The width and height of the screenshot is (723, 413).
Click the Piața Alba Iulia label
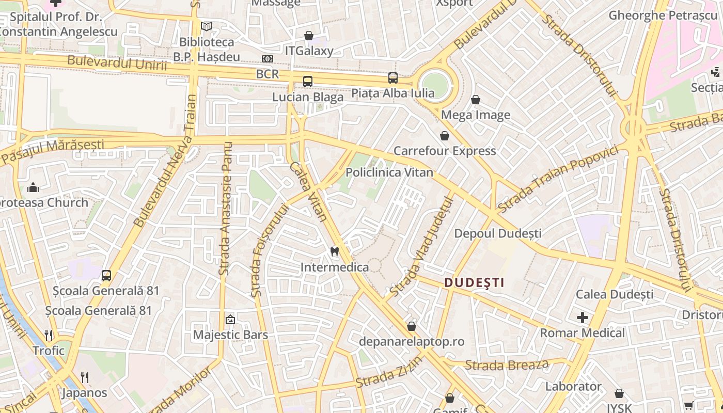[x=392, y=93]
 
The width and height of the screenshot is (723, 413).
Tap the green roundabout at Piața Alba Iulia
[x=434, y=83]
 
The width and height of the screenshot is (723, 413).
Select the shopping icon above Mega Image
[x=475, y=100]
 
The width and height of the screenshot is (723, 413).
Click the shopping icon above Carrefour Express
[x=444, y=136]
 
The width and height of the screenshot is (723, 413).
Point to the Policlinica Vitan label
[x=389, y=172]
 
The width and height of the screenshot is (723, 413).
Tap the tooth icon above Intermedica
[x=334, y=252]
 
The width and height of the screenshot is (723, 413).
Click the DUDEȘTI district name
[x=474, y=282]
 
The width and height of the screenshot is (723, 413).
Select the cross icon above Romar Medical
[x=582, y=317]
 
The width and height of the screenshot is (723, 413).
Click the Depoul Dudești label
[x=498, y=233]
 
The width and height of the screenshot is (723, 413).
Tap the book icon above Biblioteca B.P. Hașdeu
[x=207, y=26]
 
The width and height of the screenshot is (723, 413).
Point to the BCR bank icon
[x=267, y=59]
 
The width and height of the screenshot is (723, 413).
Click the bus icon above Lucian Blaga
[x=308, y=82]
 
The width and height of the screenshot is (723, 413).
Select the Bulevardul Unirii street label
[x=117, y=63]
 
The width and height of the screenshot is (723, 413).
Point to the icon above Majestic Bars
[x=230, y=320]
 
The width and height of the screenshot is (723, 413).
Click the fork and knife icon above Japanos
[x=85, y=377]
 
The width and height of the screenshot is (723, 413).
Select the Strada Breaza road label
[x=507, y=365]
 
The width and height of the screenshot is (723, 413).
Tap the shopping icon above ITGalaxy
[x=309, y=36]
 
